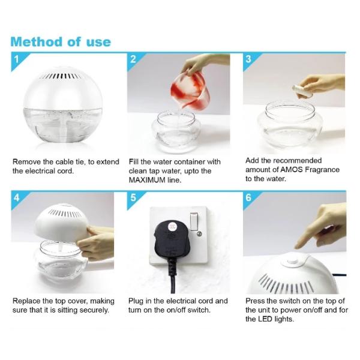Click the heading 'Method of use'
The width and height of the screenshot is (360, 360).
pos(61,42)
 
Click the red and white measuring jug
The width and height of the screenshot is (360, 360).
pos(190,90)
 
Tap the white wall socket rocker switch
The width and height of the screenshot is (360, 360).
pos(194,221)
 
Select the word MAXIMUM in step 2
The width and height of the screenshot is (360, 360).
pos(147,180)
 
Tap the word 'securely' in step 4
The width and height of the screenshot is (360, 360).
pos(95,310)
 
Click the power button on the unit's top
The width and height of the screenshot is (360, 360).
pos(292,262)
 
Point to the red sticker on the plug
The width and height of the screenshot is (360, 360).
pos(172,226)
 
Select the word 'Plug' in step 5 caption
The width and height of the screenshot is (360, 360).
pos(136,301)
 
